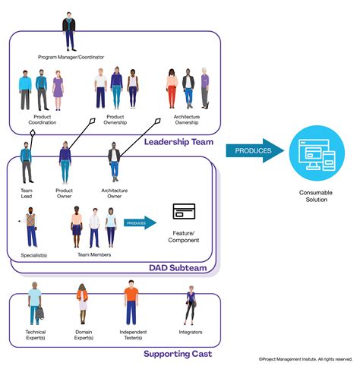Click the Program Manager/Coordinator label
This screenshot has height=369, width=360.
tap(71, 57)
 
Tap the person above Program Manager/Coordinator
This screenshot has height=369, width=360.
tap(69, 31)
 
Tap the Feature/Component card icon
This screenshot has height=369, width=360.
tap(185, 213)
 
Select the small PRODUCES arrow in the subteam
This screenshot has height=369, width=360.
tap(140, 222)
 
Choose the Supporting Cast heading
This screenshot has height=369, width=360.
tap(178, 353)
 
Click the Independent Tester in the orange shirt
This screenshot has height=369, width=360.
tap(132, 304)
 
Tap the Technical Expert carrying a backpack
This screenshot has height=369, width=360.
tap(36, 304)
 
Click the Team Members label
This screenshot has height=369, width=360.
tap(94, 255)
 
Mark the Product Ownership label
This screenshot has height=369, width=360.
tap(115, 120)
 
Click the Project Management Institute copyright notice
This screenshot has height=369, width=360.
tap(305, 359)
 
